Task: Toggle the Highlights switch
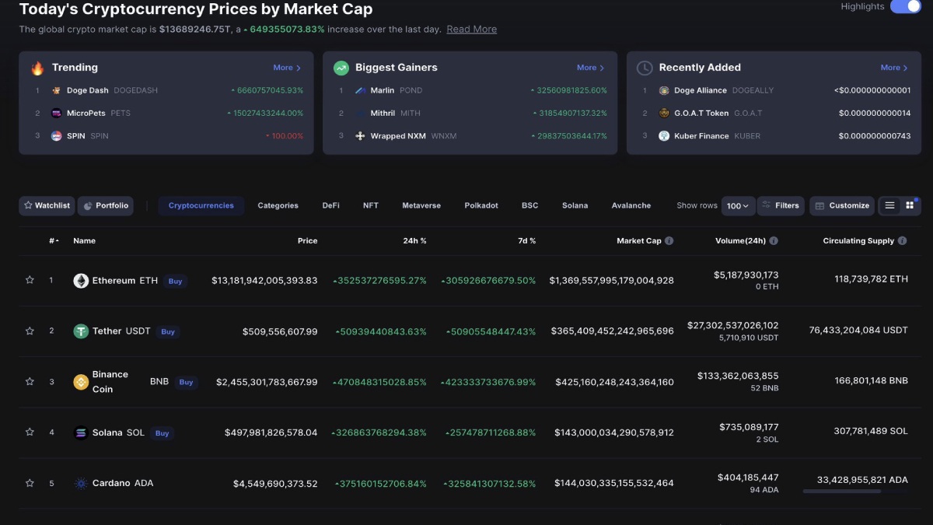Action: pyautogui.click(x=905, y=7)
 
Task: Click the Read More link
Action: pyautogui.click(x=471, y=30)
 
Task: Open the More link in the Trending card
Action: pyautogui.click(x=287, y=68)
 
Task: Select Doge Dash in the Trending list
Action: pyautogui.click(x=87, y=90)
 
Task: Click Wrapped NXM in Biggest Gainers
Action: pyautogui.click(x=398, y=136)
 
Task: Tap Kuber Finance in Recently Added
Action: pyautogui.click(x=701, y=136)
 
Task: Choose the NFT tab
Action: pyautogui.click(x=371, y=205)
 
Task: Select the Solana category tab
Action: pyautogui.click(x=575, y=205)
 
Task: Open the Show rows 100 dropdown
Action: pyautogui.click(x=737, y=206)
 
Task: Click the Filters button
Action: pyautogui.click(x=781, y=205)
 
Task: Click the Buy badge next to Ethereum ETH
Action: pyautogui.click(x=176, y=281)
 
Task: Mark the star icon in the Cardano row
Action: pyautogui.click(x=30, y=483)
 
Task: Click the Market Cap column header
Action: pyautogui.click(x=638, y=241)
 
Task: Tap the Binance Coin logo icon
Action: pyautogui.click(x=81, y=382)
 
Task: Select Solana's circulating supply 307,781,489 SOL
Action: pyautogui.click(x=871, y=432)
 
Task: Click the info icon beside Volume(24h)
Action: pyautogui.click(x=774, y=241)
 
